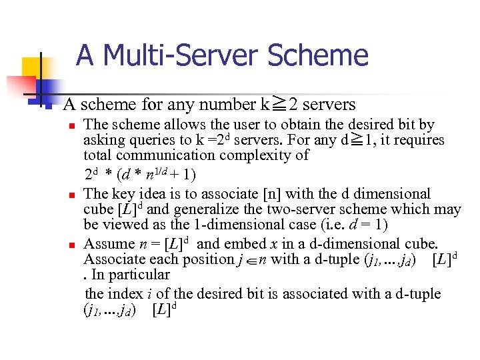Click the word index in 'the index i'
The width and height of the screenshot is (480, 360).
point(127,294)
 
